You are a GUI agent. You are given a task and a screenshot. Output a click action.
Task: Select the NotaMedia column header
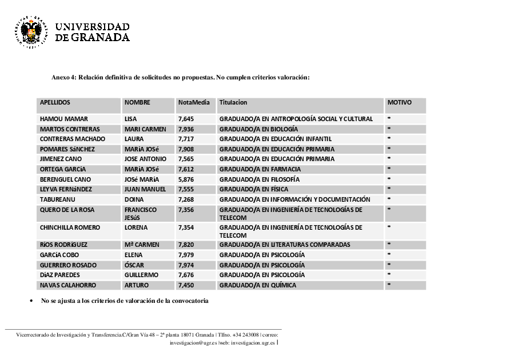[194, 103]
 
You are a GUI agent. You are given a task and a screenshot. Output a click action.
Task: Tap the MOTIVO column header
[399, 103]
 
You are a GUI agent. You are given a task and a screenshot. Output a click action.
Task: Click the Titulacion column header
[233, 103]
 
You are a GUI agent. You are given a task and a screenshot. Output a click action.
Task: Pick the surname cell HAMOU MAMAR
[63, 119]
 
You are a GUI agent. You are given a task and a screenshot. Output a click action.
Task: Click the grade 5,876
[186, 179]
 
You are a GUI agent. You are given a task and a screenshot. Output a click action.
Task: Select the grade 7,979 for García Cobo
[186, 255]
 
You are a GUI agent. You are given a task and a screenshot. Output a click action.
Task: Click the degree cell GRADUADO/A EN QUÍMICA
[258, 285]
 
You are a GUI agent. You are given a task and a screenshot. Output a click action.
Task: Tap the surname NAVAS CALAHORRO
[68, 285]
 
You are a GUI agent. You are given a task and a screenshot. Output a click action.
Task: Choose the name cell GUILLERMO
[141, 275]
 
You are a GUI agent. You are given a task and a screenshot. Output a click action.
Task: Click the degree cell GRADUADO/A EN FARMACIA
[260, 169]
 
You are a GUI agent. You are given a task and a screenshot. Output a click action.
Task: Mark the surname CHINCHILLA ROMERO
[70, 227]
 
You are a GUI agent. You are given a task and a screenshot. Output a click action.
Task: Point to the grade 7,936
[186, 129]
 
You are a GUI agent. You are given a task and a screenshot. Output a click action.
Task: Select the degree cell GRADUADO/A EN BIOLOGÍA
[259, 129]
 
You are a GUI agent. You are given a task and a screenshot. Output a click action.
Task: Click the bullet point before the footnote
[30, 301]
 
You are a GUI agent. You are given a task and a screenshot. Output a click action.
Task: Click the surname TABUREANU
[57, 199]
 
